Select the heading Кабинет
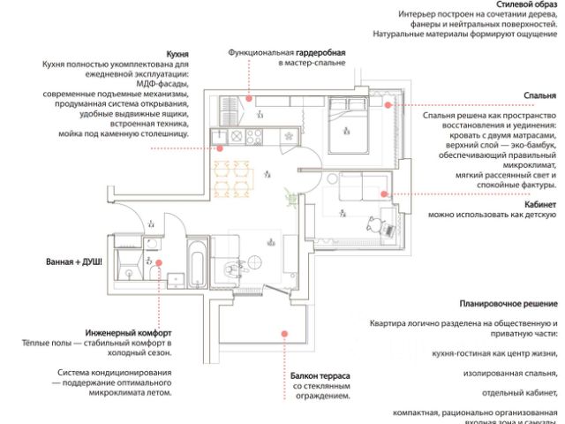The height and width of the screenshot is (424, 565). [x=539, y=204]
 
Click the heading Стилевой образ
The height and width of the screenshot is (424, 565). [x=526, y=5]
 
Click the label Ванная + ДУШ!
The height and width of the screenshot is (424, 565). [x=74, y=262]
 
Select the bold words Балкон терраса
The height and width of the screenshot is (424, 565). [x=321, y=375]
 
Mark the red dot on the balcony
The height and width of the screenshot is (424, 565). [x=285, y=333]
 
